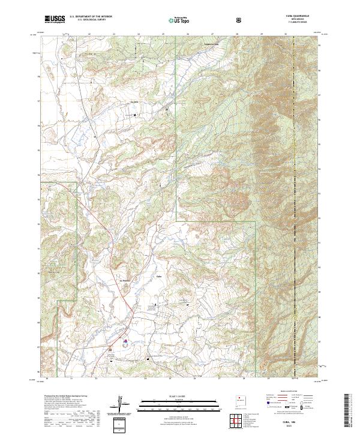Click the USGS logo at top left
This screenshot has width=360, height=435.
[x=55, y=19]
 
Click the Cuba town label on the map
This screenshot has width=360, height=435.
[x=159, y=277]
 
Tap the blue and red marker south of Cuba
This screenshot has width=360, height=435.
[x=125, y=341]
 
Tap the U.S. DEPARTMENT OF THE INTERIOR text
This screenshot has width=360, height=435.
[x=91, y=16]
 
